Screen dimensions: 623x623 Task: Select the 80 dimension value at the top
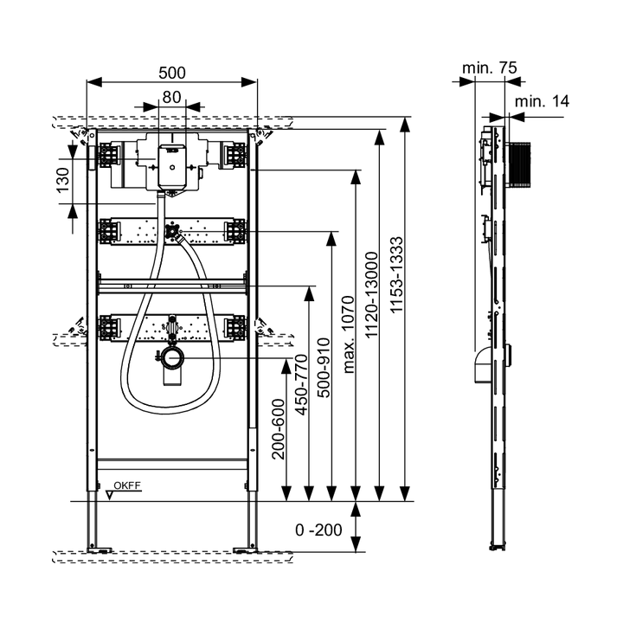170,98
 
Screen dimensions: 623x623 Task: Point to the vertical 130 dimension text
63,183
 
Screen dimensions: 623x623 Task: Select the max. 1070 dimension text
349,334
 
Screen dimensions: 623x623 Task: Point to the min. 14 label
542,101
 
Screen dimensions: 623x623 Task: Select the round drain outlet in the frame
170,357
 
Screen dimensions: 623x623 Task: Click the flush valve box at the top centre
171,164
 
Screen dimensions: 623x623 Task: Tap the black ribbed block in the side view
518,164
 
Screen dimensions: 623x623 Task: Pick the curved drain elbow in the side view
479,366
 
